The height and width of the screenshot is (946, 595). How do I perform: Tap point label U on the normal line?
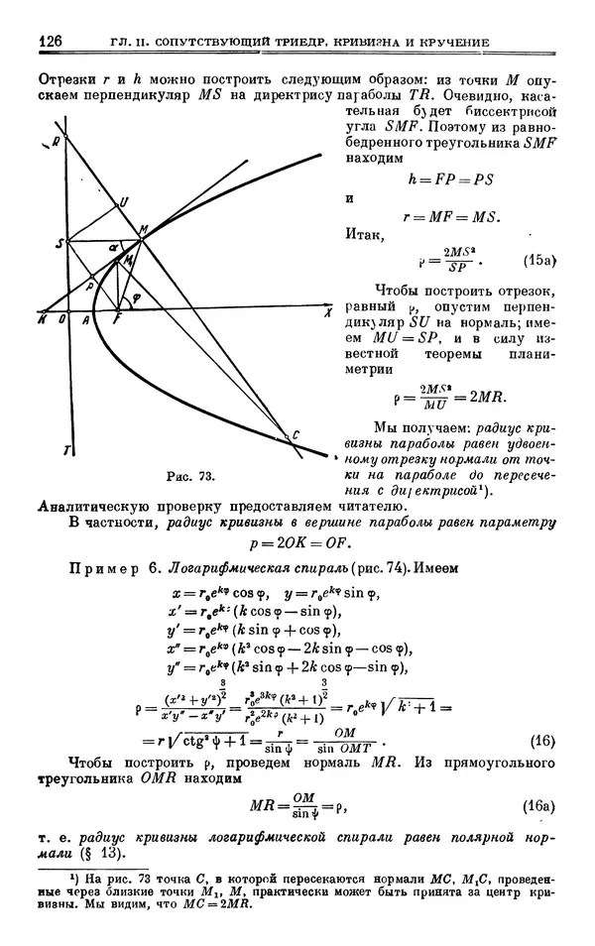(x=124, y=200)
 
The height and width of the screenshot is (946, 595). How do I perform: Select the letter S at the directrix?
(x=59, y=241)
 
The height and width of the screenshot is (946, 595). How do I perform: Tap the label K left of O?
(x=42, y=319)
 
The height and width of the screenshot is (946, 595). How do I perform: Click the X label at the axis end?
(x=326, y=311)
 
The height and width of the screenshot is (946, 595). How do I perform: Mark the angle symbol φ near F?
(x=137, y=296)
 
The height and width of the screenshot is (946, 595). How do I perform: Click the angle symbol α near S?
(x=112, y=244)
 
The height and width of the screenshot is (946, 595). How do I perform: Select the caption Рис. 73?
(x=190, y=477)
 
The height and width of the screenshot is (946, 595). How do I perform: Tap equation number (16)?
(x=541, y=739)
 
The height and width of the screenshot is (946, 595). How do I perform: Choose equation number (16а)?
(x=538, y=807)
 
